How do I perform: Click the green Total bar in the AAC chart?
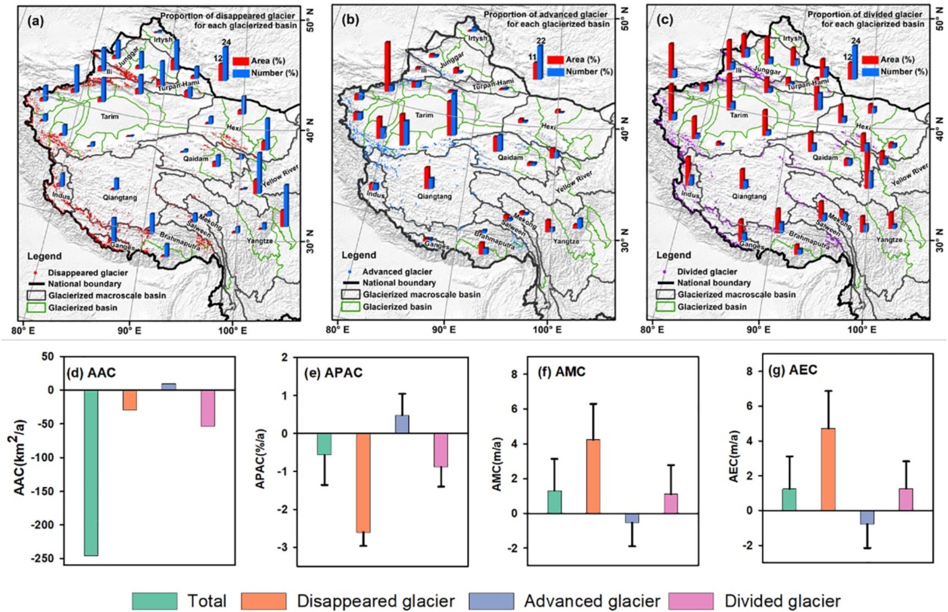tap(91, 473)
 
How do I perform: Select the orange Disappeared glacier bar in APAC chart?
tap(363, 483)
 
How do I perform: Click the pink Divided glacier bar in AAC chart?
tap(207, 408)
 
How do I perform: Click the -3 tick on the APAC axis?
tap(284, 548)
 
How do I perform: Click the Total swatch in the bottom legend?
tap(154, 601)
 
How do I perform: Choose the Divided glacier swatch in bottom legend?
tap(691, 601)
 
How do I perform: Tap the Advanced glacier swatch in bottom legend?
tap(491, 601)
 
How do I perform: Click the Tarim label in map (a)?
tap(109, 117)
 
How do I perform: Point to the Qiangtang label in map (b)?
tap(434, 196)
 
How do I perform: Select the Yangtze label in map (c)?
tap(889, 240)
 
